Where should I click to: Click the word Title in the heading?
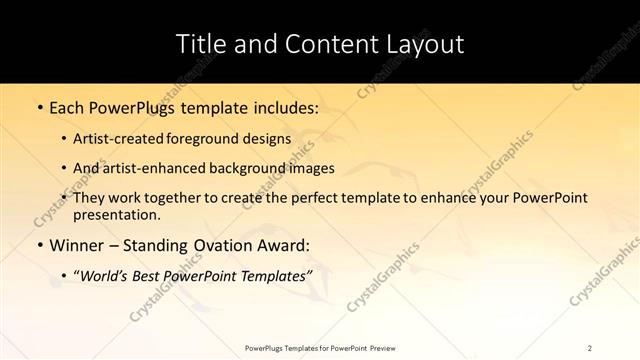[200, 44]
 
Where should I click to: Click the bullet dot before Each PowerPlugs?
[38, 106]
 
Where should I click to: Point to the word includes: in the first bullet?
[284, 106]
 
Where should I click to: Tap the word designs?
[267, 140]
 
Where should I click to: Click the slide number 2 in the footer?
[590, 347]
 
